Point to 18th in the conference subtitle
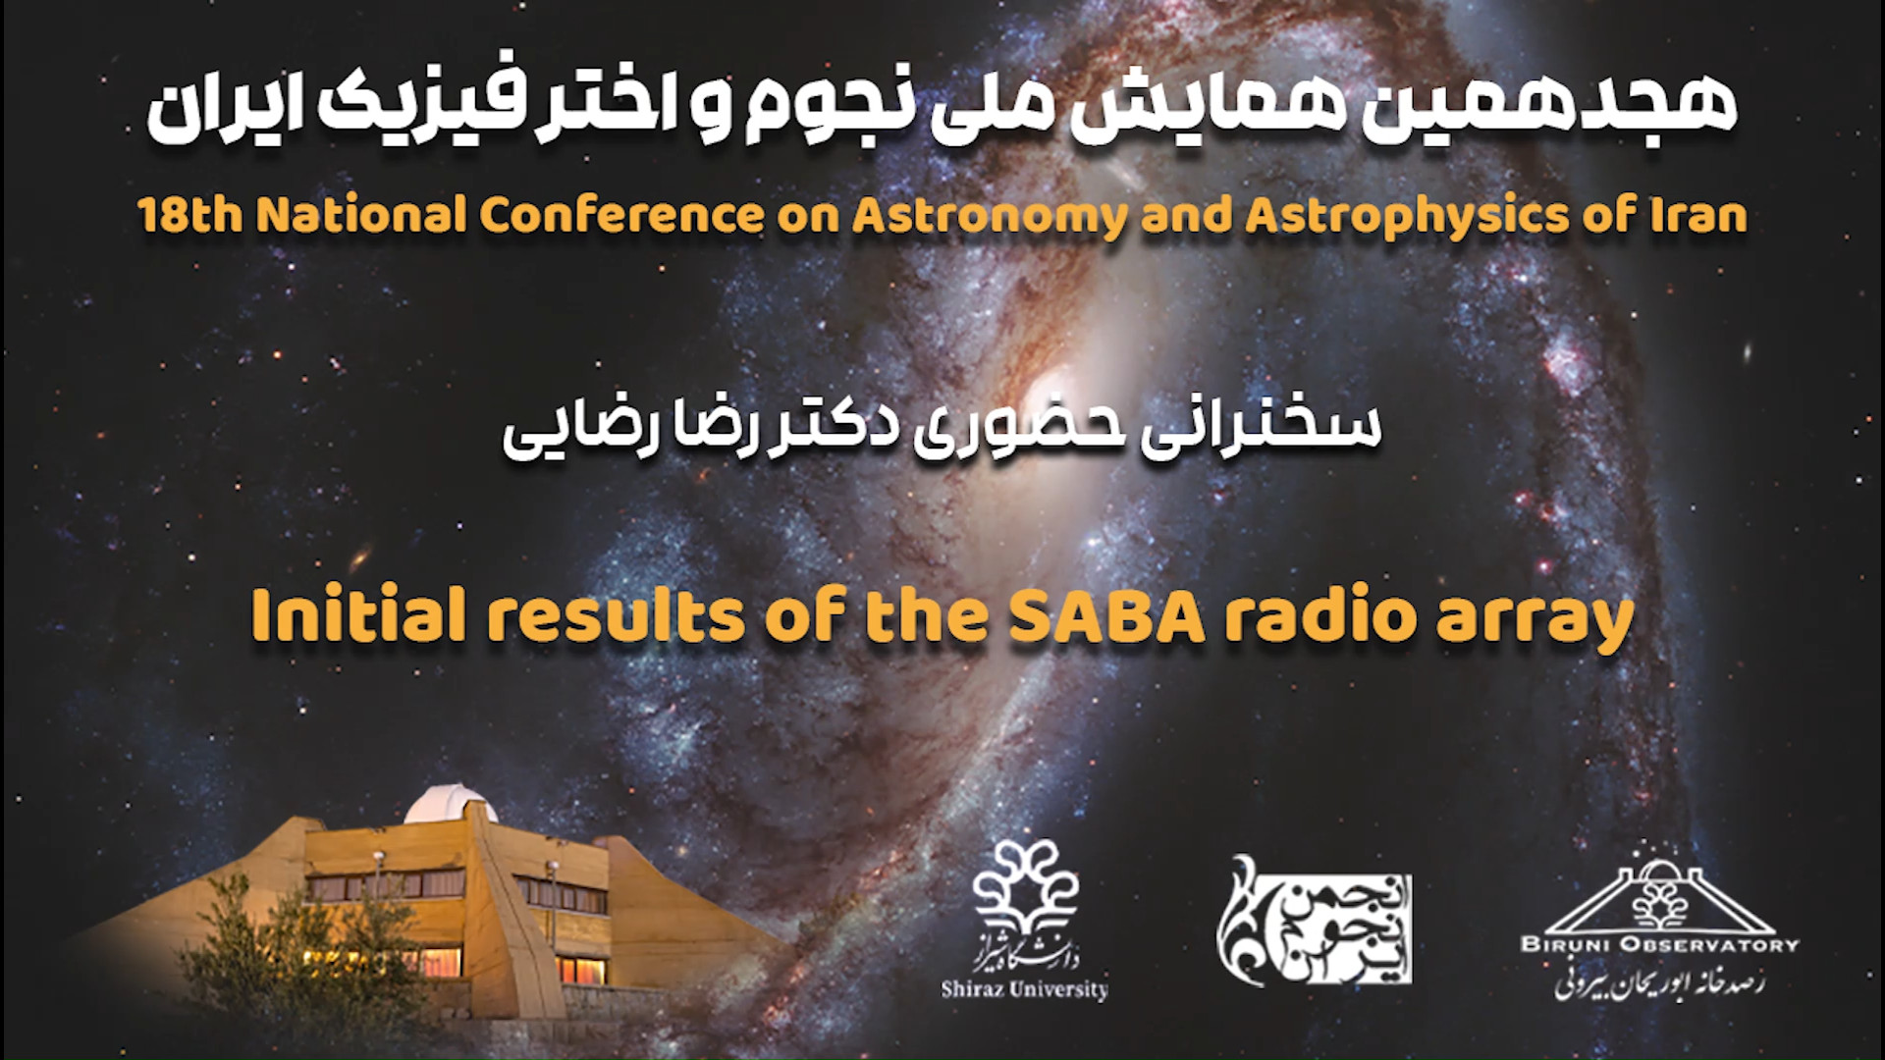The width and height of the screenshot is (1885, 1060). coord(191,216)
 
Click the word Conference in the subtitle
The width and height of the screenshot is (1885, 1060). coord(621,216)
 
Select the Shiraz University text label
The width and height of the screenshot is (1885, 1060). coord(1024,988)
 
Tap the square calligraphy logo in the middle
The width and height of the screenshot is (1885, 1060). coord(1317,919)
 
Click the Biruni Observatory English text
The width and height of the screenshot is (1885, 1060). coord(1659,944)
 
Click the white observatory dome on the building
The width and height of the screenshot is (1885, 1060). coord(450,803)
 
